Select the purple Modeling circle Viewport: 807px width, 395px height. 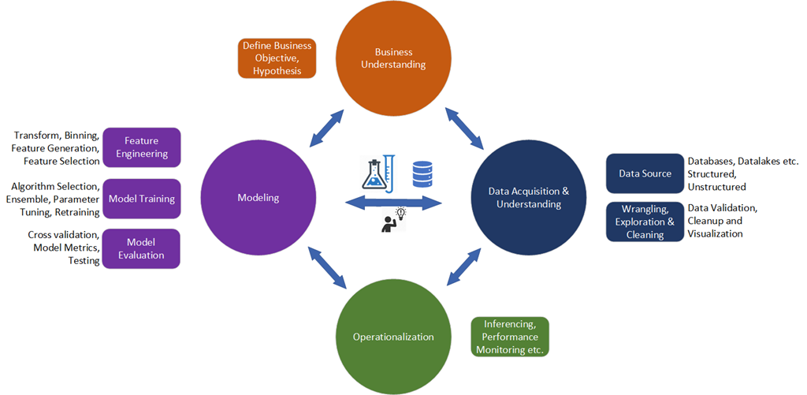(258, 198)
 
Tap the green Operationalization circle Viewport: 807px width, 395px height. (393, 337)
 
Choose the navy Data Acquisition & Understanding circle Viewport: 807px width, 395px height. (529, 198)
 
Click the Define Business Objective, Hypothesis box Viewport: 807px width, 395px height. (277, 58)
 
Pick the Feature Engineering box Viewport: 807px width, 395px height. (142, 147)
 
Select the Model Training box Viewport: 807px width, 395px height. (142, 198)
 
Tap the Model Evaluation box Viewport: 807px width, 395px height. (142, 248)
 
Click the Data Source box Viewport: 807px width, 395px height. (645, 173)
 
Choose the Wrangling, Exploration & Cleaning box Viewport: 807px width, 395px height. (645, 222)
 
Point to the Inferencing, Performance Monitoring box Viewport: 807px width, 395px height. (509, 337)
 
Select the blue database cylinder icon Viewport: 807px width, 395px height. (422, 173)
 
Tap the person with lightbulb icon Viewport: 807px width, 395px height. (392, 220)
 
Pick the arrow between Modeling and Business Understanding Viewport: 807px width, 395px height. (325, 129)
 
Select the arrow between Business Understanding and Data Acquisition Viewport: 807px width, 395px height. (464, 129)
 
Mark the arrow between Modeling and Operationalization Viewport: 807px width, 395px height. (325, 267)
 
